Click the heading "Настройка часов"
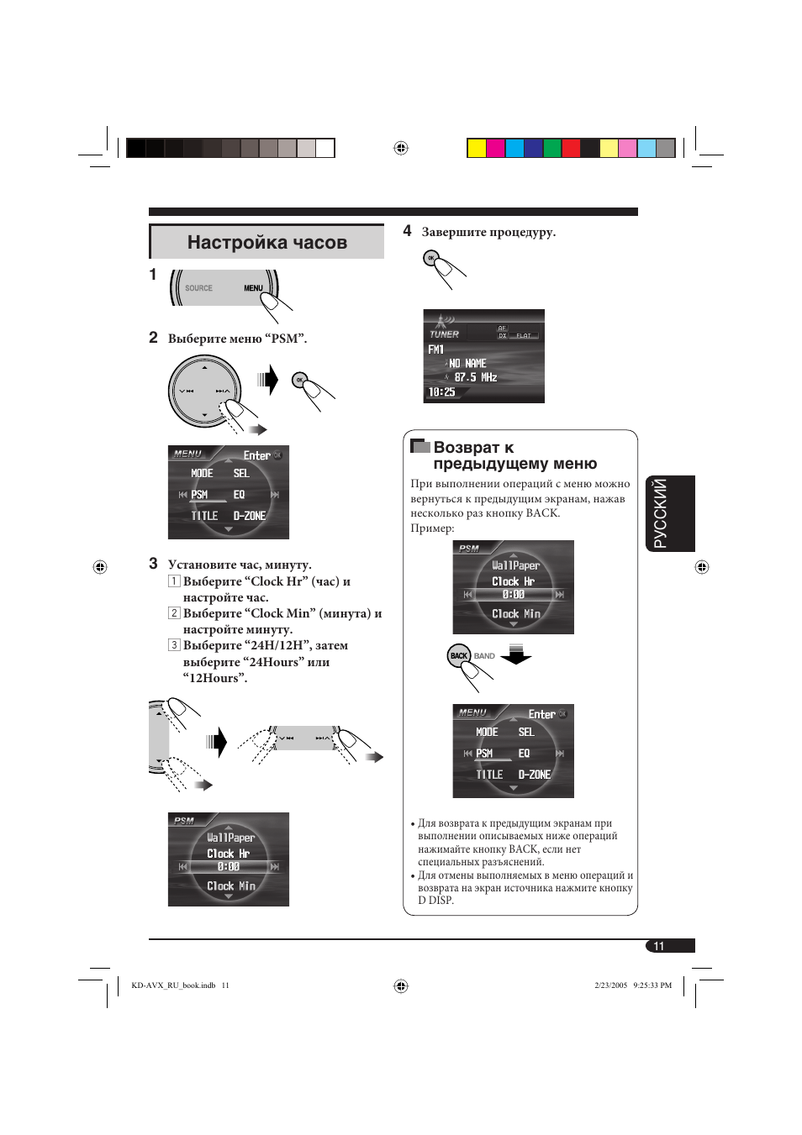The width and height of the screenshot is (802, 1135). point(266,243)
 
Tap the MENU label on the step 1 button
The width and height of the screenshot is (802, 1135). point(253,288)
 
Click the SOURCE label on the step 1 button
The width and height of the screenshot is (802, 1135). point(198,288)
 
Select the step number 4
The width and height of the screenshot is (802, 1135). point(407,231)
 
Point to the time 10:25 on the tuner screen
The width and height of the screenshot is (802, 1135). point(441,392)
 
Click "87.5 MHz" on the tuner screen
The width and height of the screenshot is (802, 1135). point(475,378)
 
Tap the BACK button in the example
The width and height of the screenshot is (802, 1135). point(458,656)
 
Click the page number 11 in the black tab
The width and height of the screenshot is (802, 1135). point(659,946)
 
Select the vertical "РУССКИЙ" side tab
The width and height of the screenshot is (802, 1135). point(660,513)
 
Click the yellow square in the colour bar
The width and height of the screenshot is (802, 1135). point(476,149)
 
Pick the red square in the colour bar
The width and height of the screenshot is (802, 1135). point(571,149)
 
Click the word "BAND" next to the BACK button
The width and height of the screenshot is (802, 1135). point(484,656)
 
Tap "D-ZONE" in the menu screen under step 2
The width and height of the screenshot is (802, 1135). point(249,516)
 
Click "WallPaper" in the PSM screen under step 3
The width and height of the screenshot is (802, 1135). point(230,838)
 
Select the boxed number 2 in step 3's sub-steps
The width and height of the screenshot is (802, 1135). point(174,613)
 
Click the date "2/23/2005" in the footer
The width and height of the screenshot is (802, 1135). point(610,985)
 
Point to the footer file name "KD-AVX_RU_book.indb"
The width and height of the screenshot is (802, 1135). point(173,985)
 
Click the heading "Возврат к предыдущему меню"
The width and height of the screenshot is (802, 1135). point(514,455)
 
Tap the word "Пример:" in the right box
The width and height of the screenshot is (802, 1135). point(432,528)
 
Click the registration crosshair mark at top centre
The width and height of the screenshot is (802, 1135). point(401,148)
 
